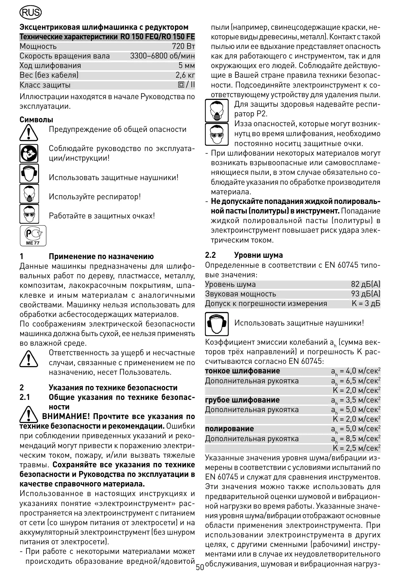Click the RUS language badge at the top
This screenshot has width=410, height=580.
(30, 13)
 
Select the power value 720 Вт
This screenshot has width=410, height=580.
(184, 46)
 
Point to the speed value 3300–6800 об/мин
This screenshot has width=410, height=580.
(162, 56)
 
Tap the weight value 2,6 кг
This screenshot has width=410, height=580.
(185, 75)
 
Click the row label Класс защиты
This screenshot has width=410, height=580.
(45, 85)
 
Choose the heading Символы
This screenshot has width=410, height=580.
(36, 120)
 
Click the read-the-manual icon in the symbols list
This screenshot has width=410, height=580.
(29, 153)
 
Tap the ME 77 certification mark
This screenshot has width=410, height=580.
(33, 236)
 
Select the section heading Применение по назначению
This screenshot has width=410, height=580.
(101, 256)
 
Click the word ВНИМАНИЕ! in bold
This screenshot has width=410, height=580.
(66, 416)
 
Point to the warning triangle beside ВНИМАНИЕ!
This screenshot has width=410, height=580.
(29, 415)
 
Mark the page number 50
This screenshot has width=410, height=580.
(200, 567)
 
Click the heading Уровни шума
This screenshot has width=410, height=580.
(258, 255)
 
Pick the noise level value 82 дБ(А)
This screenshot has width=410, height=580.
(365, 284)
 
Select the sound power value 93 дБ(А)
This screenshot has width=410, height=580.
(365, 294)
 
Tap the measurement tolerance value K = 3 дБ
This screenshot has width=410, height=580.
(366, 303)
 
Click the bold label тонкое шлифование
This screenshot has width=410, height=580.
(242, 371)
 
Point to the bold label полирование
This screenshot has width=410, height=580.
(229, 429)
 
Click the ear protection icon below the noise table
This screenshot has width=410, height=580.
(217, 324)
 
